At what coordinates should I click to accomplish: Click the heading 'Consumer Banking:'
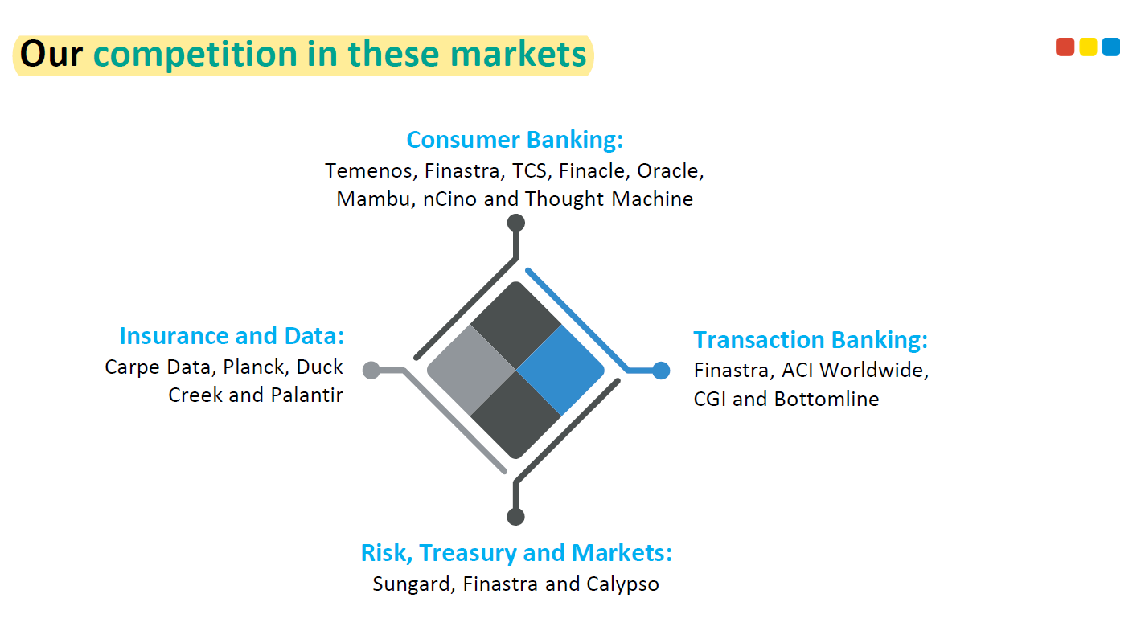click(x=515, y=140)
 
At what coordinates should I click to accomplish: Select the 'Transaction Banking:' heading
click(x=811, y=340)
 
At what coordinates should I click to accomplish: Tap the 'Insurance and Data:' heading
click(x=232, y=336)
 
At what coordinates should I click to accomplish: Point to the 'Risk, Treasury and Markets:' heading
click(x=516, y=553)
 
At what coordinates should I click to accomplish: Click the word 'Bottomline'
click(x=827, y=400)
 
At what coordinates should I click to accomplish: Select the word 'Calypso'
click(x=622, y=584)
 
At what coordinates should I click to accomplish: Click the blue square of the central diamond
click(x=560, y=371)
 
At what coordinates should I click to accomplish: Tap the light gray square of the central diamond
click(x=471, y=371)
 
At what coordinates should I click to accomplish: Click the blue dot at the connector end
click(x=661, y=371)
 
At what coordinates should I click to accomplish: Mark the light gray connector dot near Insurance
click(x=371, y=371)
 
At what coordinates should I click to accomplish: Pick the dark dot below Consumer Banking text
click(x=516, y=223)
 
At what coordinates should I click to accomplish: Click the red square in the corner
click(x=1065, y=47)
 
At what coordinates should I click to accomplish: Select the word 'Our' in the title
click(x=51, y=54)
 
